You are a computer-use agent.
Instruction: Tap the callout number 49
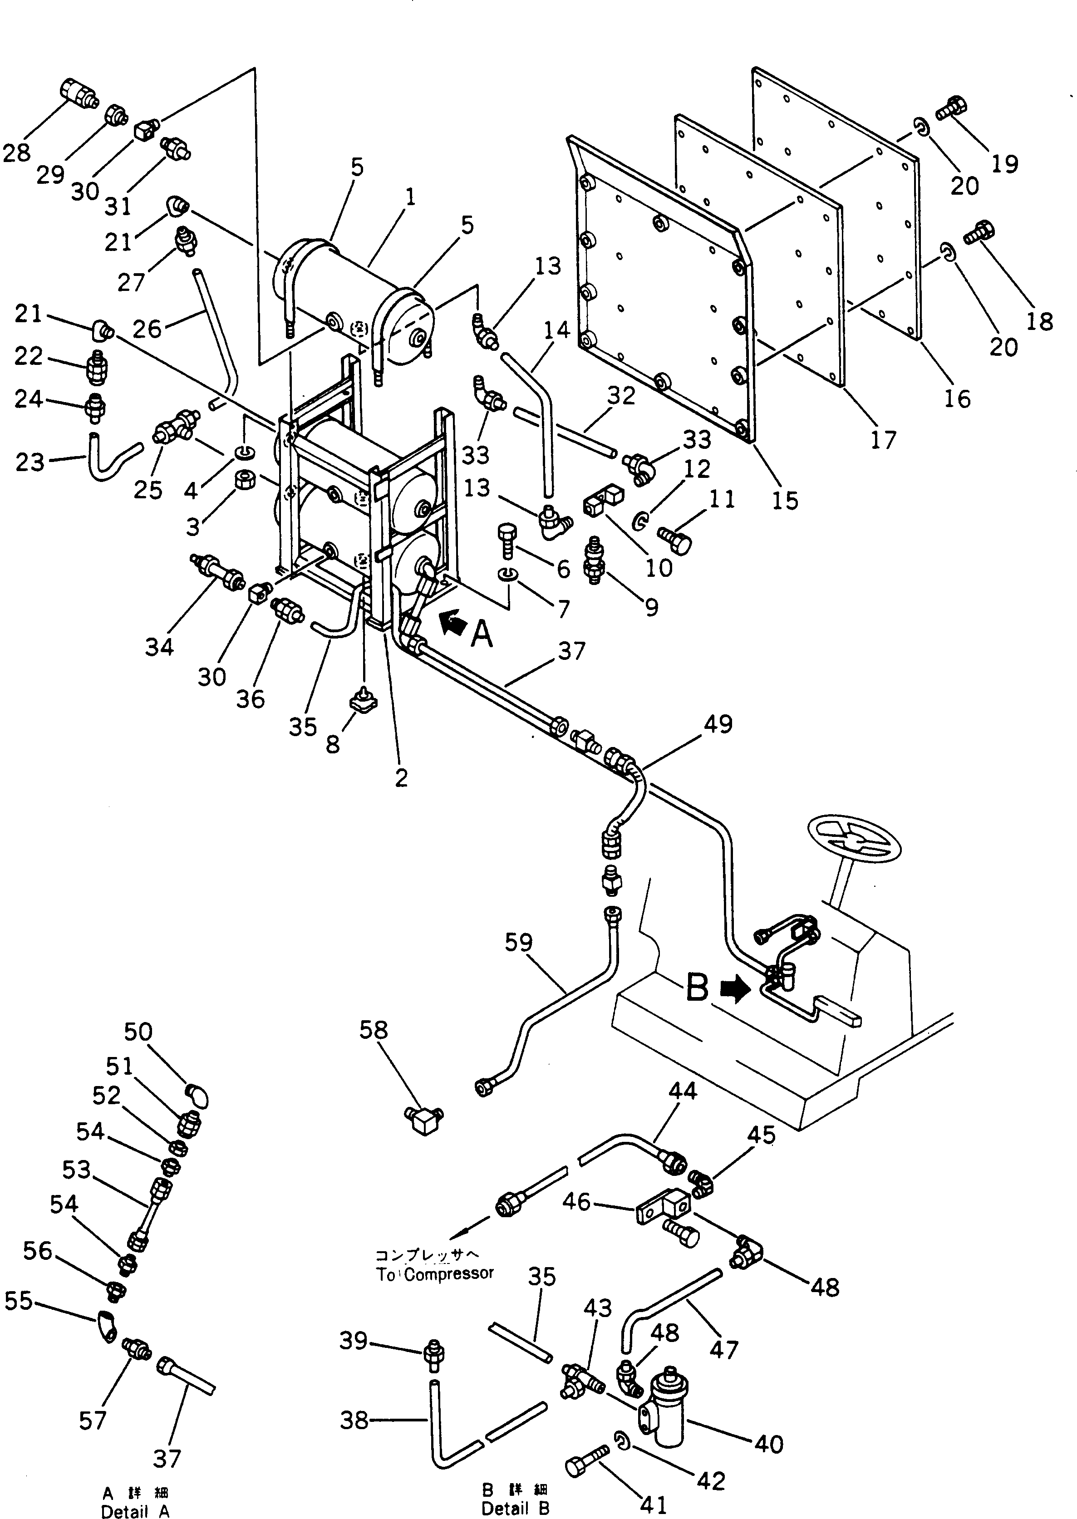coord(717,724)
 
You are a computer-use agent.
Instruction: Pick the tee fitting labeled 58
coord(424,1122)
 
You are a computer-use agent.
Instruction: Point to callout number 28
coord(17,152)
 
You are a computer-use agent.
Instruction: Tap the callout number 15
coord(785,501)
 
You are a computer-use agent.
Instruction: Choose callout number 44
coord(683,1091)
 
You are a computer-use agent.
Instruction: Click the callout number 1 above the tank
coord(410,197)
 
